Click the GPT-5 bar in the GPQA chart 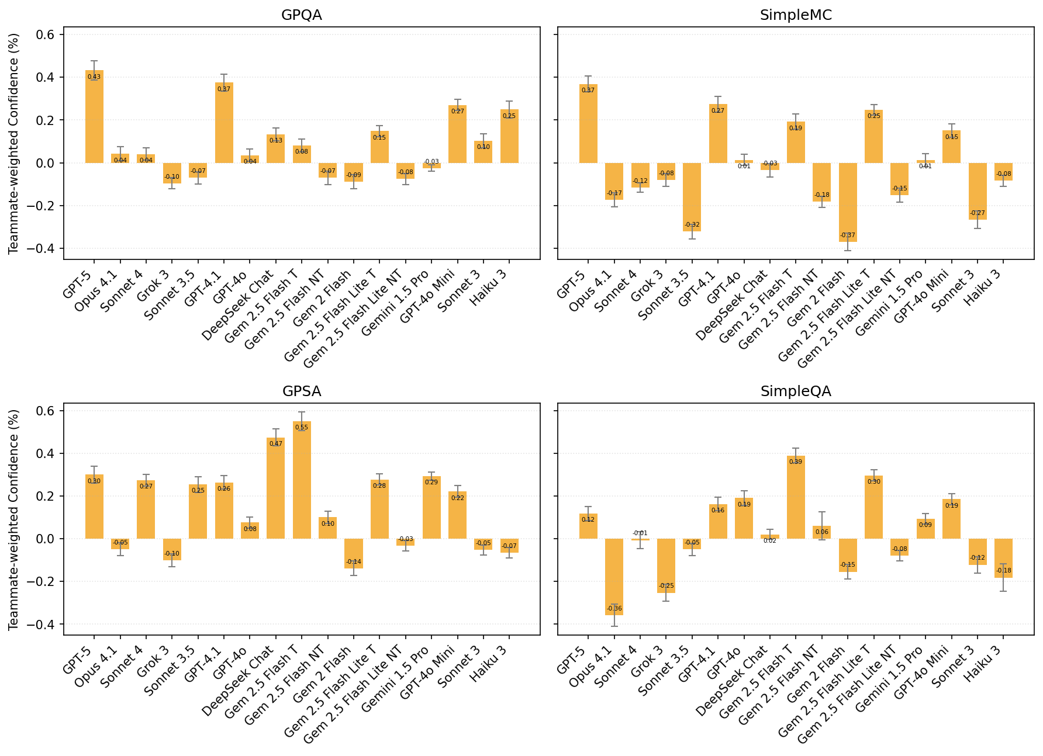[94, 117]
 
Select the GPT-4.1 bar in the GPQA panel [224, 123]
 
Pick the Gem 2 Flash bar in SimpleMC [848, 202]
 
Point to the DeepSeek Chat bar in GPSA [275, 488]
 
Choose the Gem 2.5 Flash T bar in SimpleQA [796, 497]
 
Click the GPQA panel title [302, 15]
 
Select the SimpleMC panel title [796, 15]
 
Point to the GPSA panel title [302, 391]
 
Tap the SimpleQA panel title [796, 391]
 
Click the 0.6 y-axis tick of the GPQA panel [46, 35]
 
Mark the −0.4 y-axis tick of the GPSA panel [42, 625]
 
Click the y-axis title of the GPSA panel [13, 519]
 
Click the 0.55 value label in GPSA [302, 427]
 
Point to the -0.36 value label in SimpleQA [614, 609]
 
